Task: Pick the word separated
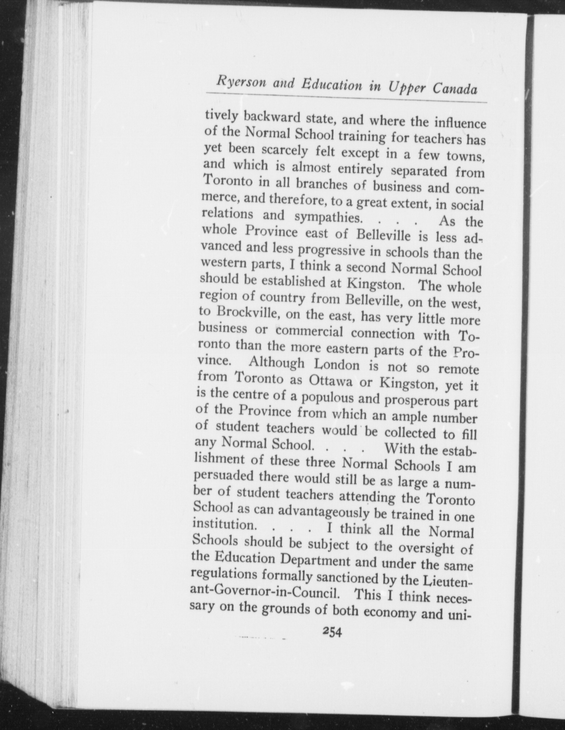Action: (x=419, y=170)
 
